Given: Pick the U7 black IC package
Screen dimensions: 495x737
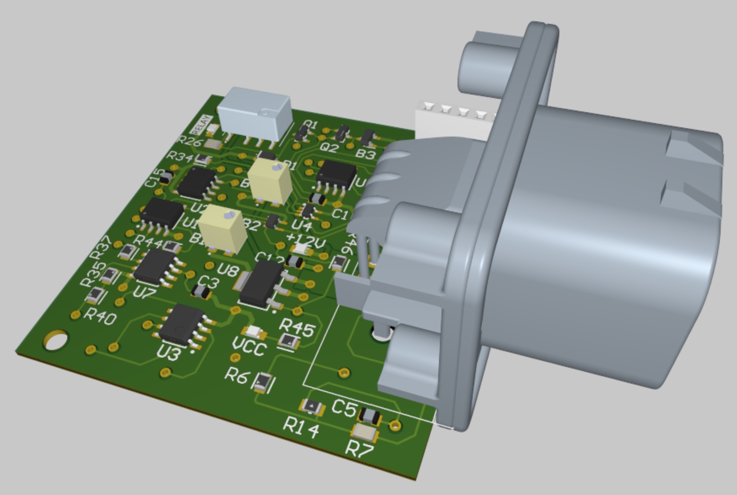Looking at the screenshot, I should tap(154, 266).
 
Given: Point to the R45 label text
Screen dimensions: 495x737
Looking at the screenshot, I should tap(297, 327).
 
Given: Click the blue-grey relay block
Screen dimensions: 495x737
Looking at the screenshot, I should tap(255, 113).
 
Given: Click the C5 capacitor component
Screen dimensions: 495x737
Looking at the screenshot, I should tap(369, 416).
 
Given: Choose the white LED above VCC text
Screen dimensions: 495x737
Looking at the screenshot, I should tap(253, 332).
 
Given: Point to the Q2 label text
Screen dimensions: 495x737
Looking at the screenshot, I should tap(329, 147).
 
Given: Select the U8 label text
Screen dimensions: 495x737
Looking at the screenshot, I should tap(228, 269).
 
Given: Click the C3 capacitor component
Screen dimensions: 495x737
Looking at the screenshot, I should tap(201, 292).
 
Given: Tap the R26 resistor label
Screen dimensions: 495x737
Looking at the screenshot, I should tap(190, 141).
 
